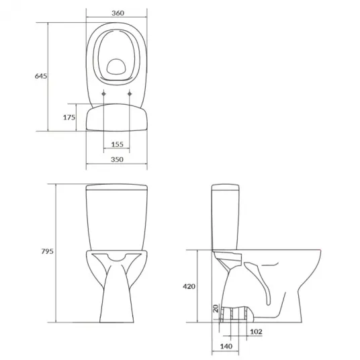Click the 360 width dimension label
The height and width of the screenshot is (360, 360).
tap(118, 13)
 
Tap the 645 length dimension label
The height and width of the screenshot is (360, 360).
tap(41, 76)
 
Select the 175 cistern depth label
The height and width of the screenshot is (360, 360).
tap(69, 118)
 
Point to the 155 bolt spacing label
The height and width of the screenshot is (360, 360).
tap(118, 144)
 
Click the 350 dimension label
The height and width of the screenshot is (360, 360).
tap(117, 159)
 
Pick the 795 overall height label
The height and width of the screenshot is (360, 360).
tap(47, 251)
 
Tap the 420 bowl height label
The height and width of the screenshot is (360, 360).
tap(189, 286)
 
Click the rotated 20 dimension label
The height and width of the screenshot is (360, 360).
tap(216, 308)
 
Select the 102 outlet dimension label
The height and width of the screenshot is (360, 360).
tap(256, 332)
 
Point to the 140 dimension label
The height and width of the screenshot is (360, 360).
tap(226, 346)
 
